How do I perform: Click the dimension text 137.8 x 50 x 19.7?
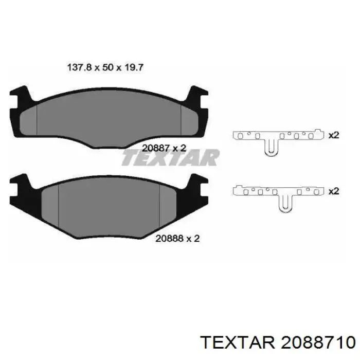[105, 67]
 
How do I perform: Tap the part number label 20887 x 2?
[164, 148]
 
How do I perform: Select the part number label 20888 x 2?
[177, 239]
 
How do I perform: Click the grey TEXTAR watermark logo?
[170, 157]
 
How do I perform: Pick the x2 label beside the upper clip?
[334, 135]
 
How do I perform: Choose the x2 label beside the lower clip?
[334, 191]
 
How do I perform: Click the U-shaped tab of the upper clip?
[272, 148]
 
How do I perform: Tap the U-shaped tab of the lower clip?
[285, 204]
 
